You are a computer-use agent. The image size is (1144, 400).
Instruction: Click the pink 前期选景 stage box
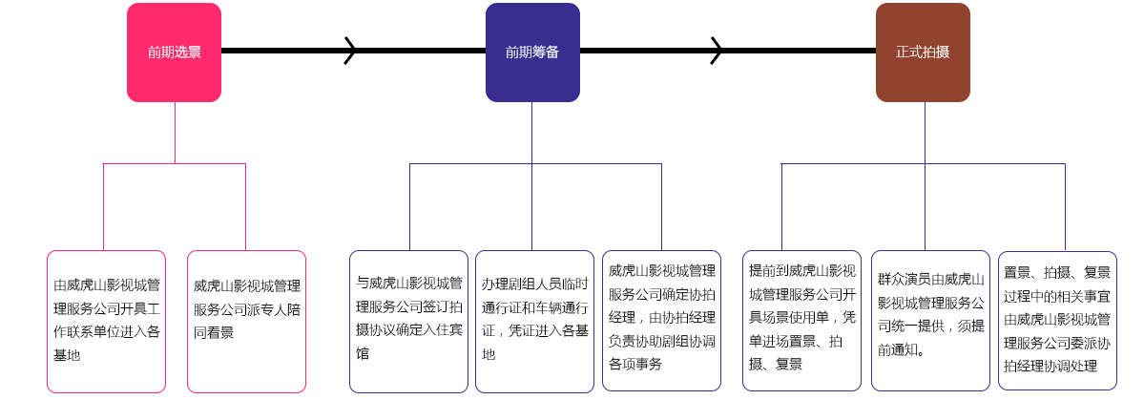(x=174, y=53)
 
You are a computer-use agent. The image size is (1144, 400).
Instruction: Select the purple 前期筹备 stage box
(x=532, y=53)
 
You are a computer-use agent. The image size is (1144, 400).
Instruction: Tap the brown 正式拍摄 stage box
(x=923, y=53)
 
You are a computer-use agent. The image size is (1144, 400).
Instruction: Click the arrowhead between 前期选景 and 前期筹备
(x=350, y=51)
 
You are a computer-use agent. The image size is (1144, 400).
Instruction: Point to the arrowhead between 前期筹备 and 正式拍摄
(x=716, y=51)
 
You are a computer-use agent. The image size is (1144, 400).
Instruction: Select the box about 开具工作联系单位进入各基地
(x=106, y=321)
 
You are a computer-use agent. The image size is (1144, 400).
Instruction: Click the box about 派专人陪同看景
(x=246, y=321)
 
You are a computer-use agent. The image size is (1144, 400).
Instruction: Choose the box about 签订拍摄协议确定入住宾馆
(x=408, y=321)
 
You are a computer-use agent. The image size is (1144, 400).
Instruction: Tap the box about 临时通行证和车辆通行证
(x=534, y=321)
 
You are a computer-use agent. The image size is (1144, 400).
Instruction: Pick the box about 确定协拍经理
(x=661, y=321)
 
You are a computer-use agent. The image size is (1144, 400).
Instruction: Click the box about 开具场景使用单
(x=801, y=321)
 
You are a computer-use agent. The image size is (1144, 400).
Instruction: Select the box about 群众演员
(x=930, y=321)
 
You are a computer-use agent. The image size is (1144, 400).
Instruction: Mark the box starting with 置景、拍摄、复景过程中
(x=1057, y=321)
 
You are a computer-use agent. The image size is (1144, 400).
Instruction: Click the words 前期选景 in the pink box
(x=174, y=53)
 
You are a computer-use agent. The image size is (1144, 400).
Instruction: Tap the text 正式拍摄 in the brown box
(x=923, y=53)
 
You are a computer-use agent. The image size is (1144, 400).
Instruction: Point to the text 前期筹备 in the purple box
(x=532, y=53)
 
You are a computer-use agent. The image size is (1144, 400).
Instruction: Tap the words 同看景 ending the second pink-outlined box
(x=214, y=333)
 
